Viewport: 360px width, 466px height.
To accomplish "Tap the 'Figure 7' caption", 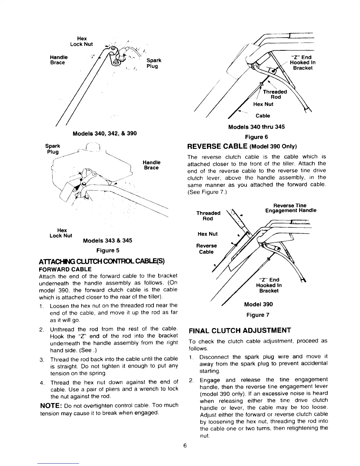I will [258, 315].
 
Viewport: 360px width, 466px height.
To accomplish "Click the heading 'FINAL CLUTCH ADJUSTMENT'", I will [240, 330].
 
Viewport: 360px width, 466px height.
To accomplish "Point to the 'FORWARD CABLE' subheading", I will [65, 269].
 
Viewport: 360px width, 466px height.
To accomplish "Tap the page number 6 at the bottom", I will [185, 445].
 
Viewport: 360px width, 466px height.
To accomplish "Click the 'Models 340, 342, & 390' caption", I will [105, 133].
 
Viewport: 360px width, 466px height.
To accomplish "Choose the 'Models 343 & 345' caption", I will [107, 241].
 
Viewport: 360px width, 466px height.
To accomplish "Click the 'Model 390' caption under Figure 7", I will [258, 304].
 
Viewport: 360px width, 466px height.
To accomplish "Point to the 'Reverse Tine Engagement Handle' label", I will [291, 208].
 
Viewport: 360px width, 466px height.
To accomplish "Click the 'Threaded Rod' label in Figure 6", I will [275, 94].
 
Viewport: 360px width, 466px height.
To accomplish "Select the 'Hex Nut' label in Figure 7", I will [208, 234].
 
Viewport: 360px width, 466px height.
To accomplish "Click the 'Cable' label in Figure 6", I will [263, 116].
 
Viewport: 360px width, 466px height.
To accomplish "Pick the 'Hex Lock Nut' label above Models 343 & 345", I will [61, 233].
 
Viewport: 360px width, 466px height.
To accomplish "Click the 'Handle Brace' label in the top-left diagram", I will [59, 60].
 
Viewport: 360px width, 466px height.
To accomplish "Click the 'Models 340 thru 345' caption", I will [256, 127].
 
